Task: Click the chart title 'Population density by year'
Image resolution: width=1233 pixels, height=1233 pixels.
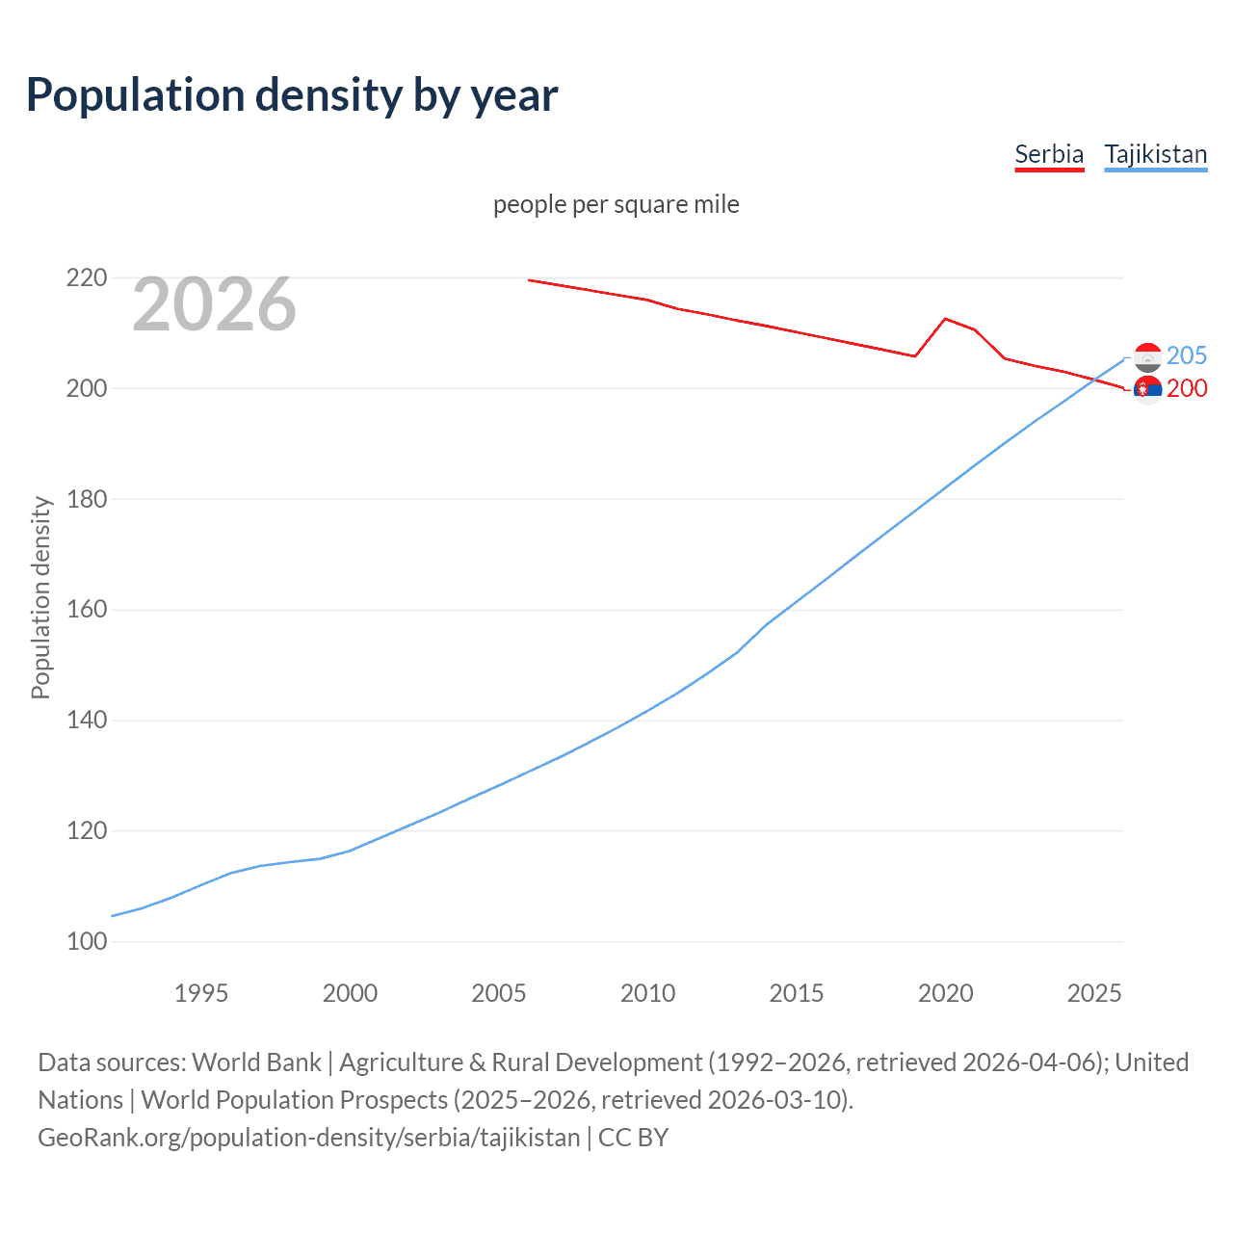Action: point(292,95)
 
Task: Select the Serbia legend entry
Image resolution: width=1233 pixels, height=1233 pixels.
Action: point(1049,154)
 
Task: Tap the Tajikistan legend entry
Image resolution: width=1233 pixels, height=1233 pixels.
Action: point(1155,154)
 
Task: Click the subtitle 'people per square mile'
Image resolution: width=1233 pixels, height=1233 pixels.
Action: point(616,204)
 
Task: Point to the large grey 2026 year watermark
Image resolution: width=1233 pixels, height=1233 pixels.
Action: point(214,304)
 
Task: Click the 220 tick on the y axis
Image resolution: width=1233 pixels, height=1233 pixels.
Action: point(87,278)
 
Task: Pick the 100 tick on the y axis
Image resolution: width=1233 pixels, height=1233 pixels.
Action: point(87,941)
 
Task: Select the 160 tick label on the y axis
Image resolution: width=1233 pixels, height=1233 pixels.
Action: point(87,610)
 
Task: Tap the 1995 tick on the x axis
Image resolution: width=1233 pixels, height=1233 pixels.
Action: point(201,993)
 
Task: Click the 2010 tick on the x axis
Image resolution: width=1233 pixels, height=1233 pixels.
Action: point(647,993)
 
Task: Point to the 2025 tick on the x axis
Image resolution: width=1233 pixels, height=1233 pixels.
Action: point(1094,993)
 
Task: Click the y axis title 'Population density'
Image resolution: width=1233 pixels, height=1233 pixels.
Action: point(40,597)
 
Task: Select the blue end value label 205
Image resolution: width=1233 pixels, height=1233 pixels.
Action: point(1187,356)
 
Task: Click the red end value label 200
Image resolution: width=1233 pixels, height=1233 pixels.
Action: point(1187,388)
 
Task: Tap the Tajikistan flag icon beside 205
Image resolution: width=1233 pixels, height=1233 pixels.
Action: point(1147,357)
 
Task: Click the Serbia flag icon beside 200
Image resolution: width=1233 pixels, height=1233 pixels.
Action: point(1147,389)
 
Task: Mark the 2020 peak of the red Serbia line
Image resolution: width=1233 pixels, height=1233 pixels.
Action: point(945,318)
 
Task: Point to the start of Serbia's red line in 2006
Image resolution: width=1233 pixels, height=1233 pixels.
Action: point(529,280)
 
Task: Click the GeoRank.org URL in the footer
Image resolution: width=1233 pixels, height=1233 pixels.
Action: point(309,1138)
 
